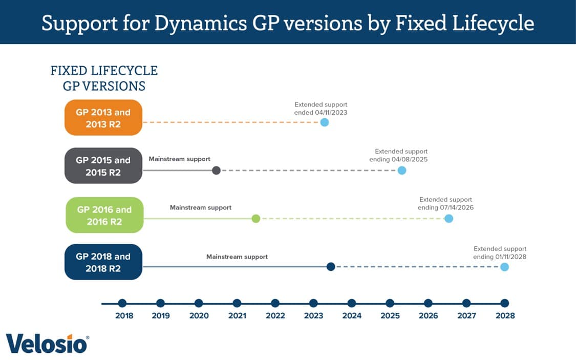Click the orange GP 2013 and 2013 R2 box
(103, 118)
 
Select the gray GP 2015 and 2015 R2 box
(103, 166)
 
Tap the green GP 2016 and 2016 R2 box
(104, 215)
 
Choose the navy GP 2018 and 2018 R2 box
(103, 262)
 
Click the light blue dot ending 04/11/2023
(324, 122)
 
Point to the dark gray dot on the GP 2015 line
(216, 171)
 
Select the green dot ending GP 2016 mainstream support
(256, 219)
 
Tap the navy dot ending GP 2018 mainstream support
(331, 266)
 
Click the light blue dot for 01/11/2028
(504, 267)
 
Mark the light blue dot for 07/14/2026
(449, 219)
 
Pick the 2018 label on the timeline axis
(124, 315)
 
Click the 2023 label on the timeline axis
(313, 315)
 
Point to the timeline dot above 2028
(504, 303)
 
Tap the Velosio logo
(48, 344)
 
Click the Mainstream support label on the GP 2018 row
(237, 257)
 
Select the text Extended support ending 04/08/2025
(399, 156)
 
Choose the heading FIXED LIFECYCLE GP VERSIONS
(104, 78)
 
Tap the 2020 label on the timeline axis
(199, 315)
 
